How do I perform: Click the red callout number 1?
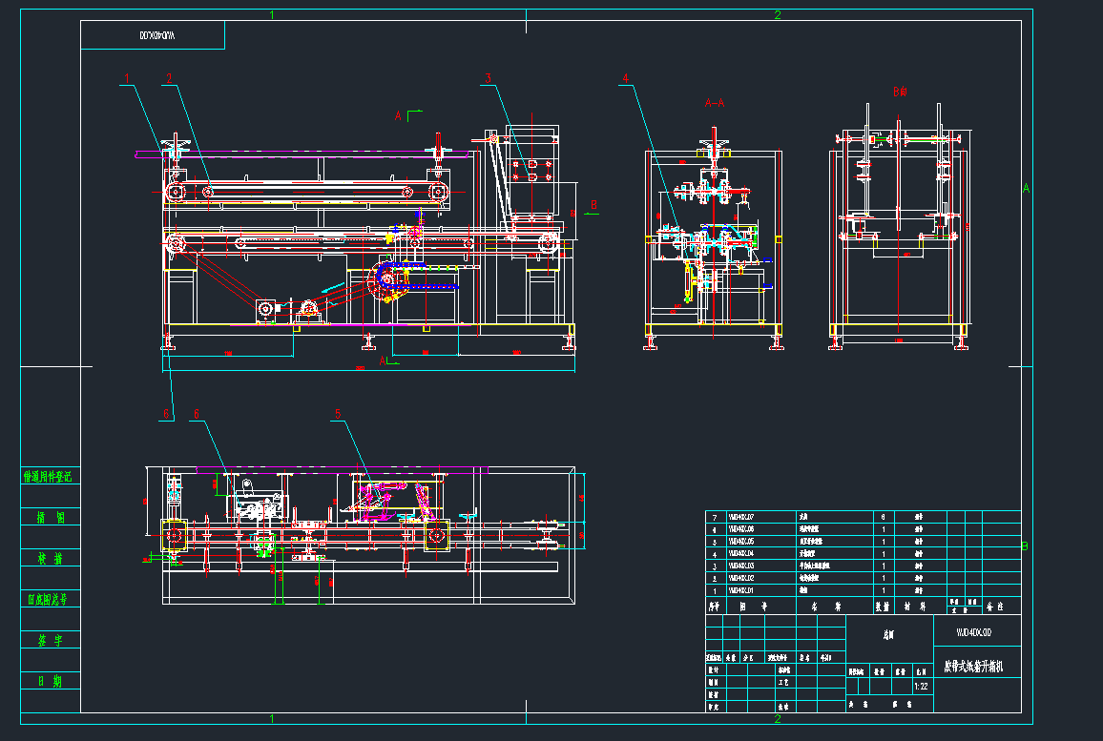pos(125,78)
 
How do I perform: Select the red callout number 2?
pos(169,78)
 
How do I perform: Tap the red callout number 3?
pos(487,78)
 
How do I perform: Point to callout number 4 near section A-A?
pos(626,78)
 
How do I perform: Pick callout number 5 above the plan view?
pos(338,414)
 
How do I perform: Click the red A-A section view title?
pos(714,102)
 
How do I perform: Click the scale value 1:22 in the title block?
pos(921,686)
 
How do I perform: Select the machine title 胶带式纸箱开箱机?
pos(973,665)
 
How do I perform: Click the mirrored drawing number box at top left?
pos(153,35)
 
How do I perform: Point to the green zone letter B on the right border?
pos(1025,546)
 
